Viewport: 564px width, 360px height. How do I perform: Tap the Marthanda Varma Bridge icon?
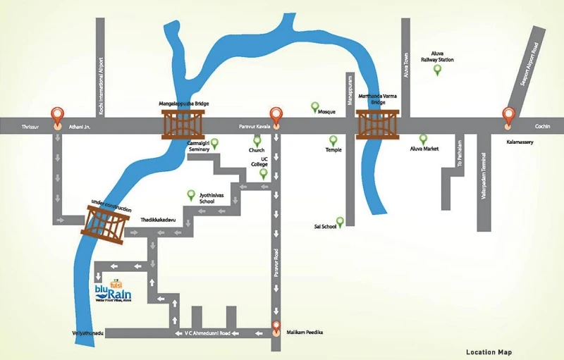(x=379, y=125)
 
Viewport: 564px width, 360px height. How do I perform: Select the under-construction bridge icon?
(x=108, y=225)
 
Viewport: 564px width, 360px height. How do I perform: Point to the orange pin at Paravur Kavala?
(x=276, y=116)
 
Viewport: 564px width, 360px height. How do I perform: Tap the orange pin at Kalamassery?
(x=508, y=116)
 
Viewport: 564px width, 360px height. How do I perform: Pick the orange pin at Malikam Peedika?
(x=276, y=327)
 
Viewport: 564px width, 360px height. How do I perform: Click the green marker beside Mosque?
(x=315, y=107)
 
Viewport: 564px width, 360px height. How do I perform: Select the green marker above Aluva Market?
(x=423, y=139)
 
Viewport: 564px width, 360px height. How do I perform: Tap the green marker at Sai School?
(x=340, y=223)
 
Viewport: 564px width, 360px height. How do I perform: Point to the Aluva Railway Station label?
(x=437, y=56)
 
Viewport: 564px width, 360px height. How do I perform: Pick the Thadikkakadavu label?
(x=157, y=221)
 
